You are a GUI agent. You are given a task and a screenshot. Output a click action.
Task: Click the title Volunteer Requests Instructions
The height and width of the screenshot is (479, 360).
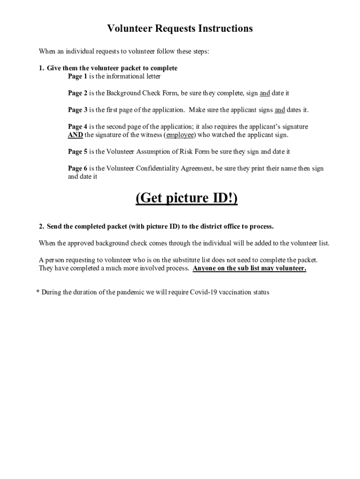tap(180, 29)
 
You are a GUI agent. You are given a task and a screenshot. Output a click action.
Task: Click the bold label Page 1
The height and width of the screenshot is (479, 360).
tap(78, 76)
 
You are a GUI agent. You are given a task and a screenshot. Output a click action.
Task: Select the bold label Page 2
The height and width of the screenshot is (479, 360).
tap(78, 93)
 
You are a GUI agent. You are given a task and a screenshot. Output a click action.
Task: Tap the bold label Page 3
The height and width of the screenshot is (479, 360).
tap(78, 110)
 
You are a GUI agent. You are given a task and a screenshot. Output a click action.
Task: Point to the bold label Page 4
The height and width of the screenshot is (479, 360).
tap(78, 127)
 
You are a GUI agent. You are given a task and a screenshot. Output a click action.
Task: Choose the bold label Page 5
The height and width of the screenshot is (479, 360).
tap(78, 152)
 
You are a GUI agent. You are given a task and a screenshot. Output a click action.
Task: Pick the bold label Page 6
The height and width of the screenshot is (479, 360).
tap(78, 168)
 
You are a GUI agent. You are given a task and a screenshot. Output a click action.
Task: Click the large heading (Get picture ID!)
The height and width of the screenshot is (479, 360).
tap(187, 198)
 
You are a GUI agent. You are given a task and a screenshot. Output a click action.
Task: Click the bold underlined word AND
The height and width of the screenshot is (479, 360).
tap(75, 135)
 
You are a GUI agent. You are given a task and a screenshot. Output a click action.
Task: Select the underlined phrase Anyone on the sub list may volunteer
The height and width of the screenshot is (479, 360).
tap(249, 269)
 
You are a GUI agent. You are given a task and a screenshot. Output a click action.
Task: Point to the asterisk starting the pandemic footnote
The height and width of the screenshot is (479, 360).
tap(38, 292)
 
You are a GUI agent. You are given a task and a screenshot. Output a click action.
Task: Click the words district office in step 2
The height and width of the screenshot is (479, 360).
tap(218, 226)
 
